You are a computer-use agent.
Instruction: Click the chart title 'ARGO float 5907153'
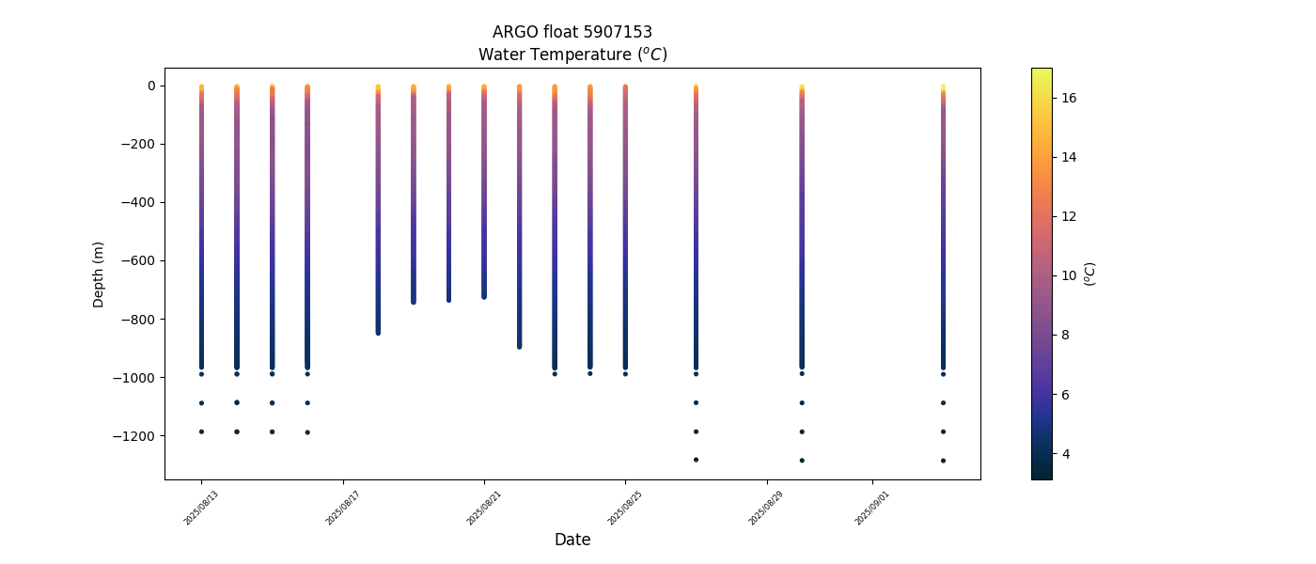coord(572,32)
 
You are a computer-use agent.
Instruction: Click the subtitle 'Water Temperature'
coord(572,55)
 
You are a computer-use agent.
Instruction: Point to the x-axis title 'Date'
coord(572,540)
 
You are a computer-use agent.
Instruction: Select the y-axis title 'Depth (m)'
coord(98,274)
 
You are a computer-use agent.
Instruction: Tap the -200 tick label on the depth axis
coord(138,144)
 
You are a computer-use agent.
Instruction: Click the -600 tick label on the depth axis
coord(138,260)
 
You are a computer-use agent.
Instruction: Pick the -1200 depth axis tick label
coord(134,436)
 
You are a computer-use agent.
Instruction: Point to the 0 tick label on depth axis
coord(150,86)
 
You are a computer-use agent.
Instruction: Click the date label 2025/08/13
coord(201,508)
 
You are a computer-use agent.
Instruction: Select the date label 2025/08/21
coord(484,508)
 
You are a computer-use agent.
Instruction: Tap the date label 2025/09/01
coord(872,508)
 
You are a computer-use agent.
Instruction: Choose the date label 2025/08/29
coord(766,508)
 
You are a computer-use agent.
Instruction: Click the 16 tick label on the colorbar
coord(1069,98)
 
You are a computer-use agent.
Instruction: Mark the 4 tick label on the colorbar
coord(1066,454)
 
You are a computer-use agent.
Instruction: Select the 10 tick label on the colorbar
coord(1069,275)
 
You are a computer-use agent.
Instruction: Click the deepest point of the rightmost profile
coord(943,461)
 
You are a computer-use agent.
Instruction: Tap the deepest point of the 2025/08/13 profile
coord(201,431)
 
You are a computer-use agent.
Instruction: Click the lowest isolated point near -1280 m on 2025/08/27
coord(696,460)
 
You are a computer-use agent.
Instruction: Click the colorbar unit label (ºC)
coord(1090,274)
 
